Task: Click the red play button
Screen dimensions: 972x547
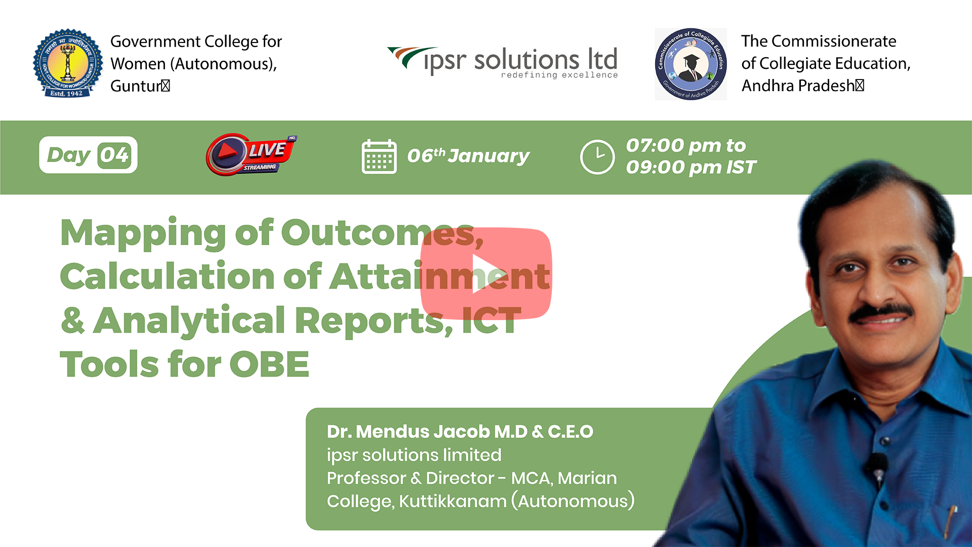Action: (x=486, y=273)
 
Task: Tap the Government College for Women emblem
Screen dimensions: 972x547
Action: (x=68, y=63)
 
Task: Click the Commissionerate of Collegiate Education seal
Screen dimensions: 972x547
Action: (x=691, y=64)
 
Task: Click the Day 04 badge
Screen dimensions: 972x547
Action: (x=88, y=155)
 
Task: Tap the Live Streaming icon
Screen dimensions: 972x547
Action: (x=251, y=154)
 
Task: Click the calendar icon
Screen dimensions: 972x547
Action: (x=379, y=157)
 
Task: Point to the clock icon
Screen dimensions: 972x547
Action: (x=597, y=157)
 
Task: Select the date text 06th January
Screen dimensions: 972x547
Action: (x=468, y=155)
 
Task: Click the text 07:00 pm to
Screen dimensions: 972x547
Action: (x=686, y=145)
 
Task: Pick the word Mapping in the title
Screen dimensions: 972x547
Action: (x=143, y=233)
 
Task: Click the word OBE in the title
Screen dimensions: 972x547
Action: (x=269, y=364)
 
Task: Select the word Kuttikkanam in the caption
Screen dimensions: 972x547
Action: (x=453, y=501)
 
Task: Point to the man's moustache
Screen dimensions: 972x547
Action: (x=881, y=312)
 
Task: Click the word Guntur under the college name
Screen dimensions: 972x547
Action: (x=136, y=86)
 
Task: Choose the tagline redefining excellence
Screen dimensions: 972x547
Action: (x=559, y=75)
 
